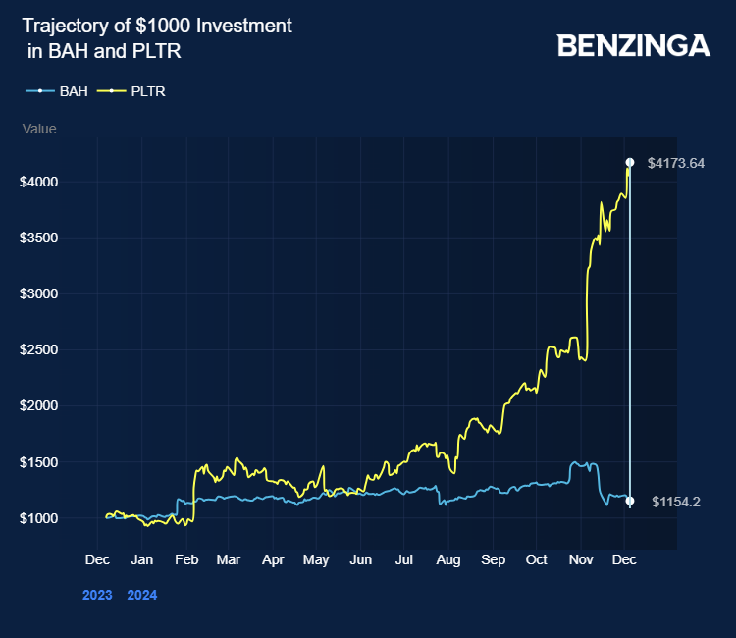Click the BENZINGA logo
pos(633,45)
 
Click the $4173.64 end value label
pos(676,163)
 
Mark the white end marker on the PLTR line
pos(630,162)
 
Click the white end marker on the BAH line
pos(630,502)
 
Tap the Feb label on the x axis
pos(185,559)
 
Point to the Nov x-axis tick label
pos(581,559)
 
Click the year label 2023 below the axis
pos(97,594)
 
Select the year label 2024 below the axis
pos(142,594)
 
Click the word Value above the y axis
pos(39,129)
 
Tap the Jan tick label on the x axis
pos(142,559)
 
